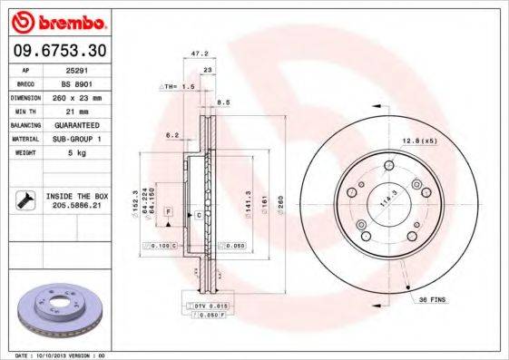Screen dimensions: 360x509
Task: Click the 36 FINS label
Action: coord(432,298)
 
